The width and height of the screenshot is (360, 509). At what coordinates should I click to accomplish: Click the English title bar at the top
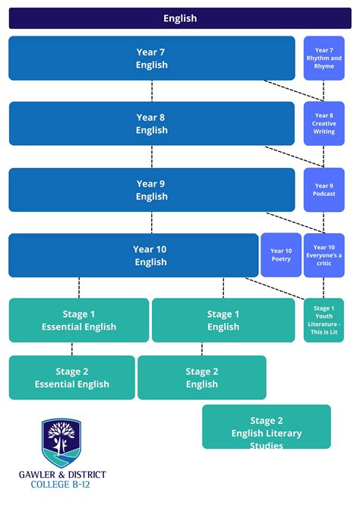(180, 18)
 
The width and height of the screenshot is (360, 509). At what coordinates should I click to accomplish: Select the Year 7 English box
(151, 58)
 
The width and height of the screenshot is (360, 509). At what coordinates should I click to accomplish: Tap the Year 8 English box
(151, 124)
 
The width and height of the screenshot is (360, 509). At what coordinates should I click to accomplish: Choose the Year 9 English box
(151, 190)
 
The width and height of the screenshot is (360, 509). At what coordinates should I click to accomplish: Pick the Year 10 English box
(134, 255)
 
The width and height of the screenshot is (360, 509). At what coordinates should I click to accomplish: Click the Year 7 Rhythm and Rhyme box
(324, 58)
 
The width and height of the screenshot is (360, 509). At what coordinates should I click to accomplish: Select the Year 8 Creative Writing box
(324, 124)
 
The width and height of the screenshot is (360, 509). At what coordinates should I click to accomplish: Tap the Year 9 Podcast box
(324, 190)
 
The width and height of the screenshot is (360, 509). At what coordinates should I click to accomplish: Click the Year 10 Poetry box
(281, 255)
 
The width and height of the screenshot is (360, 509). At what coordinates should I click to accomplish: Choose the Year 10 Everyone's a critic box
(324, 255)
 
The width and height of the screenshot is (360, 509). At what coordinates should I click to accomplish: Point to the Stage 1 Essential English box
(79, 321)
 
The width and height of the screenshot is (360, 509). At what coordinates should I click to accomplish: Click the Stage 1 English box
(223, 321)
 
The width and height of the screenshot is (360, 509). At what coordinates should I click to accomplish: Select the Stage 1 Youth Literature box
(324, 320)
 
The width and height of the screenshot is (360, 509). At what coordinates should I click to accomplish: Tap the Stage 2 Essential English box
(72, 378)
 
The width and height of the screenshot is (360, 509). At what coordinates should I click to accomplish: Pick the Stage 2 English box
(202, 378)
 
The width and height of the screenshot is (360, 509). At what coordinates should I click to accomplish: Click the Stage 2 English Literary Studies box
(267, 427)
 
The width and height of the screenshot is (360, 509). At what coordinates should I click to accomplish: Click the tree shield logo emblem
(62, 442)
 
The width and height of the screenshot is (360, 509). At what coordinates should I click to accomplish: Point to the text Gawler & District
(62, 474)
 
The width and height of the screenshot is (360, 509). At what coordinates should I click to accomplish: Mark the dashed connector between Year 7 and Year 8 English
(152, 91)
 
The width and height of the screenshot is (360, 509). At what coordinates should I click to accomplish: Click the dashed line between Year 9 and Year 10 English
(152, 223)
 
